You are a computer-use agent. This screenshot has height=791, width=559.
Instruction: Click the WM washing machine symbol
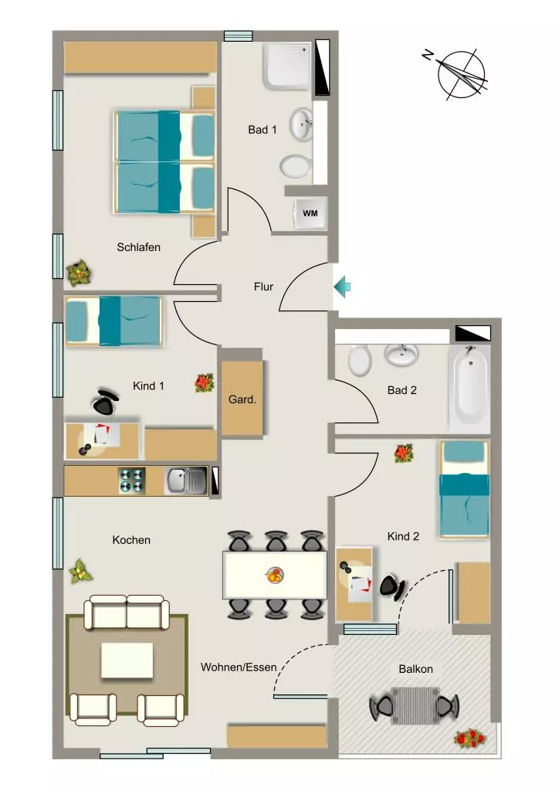pos(310,213)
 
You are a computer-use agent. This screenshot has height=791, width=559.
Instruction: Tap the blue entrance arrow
pos(342,287)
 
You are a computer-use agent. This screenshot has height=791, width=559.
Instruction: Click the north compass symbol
pos(459,73)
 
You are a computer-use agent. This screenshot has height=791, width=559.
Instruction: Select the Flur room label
pos(263,287)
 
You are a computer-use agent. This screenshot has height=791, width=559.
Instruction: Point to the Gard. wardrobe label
pos(242,399)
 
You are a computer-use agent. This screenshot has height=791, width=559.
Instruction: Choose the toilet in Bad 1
pos(295,166)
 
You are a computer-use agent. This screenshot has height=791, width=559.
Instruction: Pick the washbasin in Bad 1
pos(301,124)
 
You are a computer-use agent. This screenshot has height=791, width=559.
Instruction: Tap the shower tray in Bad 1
pos(286,66)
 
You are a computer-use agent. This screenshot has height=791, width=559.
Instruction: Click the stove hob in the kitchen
pos(131,480)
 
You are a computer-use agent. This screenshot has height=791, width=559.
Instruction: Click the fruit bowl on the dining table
pos(275,575)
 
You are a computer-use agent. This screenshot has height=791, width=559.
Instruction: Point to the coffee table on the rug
pos(127,660)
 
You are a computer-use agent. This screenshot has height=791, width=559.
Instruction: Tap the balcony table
pos(415,705)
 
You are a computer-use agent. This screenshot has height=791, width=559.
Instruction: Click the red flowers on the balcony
pos(469,738)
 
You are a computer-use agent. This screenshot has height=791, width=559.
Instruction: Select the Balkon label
pos(416,669)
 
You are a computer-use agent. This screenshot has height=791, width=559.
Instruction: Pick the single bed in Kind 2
pos(464,489)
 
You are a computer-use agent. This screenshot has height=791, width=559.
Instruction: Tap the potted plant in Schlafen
pos(79,273)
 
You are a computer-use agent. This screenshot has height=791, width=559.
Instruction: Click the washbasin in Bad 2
pos(401,354)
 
